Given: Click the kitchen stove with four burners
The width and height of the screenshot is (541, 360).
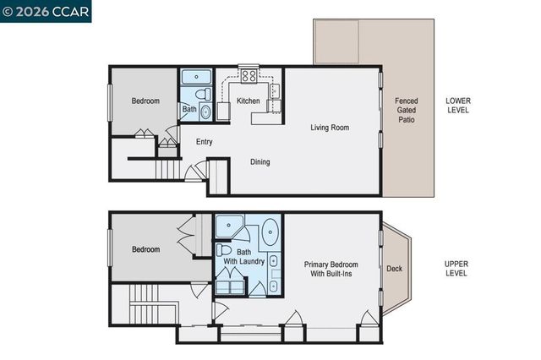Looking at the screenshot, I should [x=249, y=76].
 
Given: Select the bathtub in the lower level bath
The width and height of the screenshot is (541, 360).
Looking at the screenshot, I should [x=197, y=78].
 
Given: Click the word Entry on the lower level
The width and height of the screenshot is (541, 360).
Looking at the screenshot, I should [x=204, y=142].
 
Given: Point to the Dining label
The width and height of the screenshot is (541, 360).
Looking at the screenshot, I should [x=260, y=161].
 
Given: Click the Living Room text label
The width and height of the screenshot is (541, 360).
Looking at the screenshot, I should [x=330, y=128].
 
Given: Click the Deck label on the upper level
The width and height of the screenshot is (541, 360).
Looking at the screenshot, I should [x=394, y=270].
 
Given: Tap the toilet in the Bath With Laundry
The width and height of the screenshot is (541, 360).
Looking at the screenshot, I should [x=224, y=251].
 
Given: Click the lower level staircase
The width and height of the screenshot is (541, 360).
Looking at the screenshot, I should [x=169, y=169].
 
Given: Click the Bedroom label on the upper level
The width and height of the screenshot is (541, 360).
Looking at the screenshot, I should [x=145, y=250].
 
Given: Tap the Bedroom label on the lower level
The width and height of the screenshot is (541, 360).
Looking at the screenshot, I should [x=145, y=101].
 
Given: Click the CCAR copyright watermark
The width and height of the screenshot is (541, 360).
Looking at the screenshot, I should [x=46, y=11].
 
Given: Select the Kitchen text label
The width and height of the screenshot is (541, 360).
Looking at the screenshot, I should [x=248, y=101].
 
